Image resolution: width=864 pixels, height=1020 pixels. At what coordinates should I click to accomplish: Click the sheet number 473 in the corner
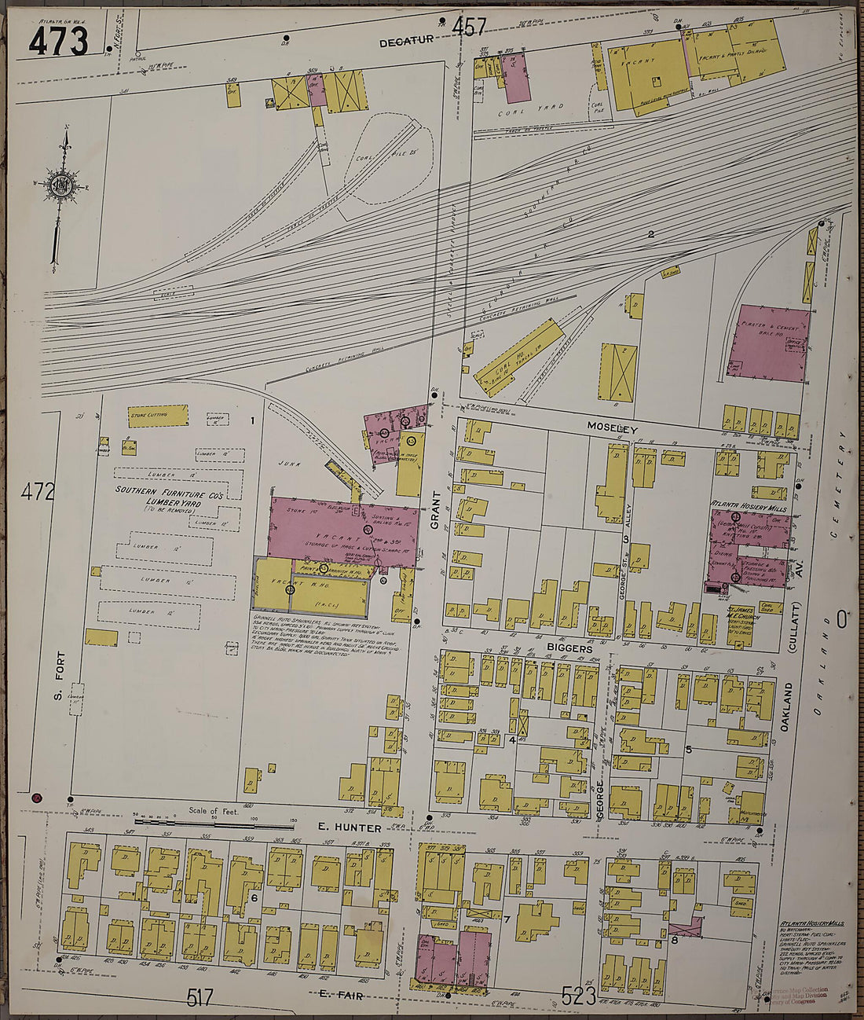(x=58, y=40)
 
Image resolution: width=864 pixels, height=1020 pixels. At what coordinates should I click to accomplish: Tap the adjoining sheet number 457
(x=469, y=28)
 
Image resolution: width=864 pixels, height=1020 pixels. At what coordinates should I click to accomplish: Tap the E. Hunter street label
(x=350, y=827)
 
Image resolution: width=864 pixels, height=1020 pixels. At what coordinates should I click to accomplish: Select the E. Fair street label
(x=339, y=994)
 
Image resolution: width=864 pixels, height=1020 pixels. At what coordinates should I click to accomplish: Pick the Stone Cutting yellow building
(x=158, y=415)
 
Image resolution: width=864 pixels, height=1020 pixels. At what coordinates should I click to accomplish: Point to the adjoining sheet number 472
(x=38, y=493)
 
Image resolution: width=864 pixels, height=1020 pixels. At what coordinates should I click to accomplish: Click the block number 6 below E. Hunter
(x=254, y=897)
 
